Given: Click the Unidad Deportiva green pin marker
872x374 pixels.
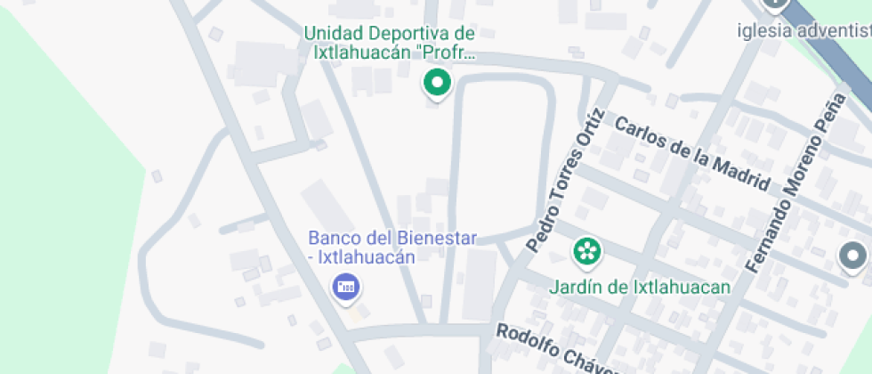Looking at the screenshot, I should click(436, 85).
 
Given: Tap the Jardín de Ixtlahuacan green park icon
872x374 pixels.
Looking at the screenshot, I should click(585, 252).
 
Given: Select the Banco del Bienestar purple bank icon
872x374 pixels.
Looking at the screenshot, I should click(345, 287).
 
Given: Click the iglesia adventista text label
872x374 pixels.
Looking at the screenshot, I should click(803, 32).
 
